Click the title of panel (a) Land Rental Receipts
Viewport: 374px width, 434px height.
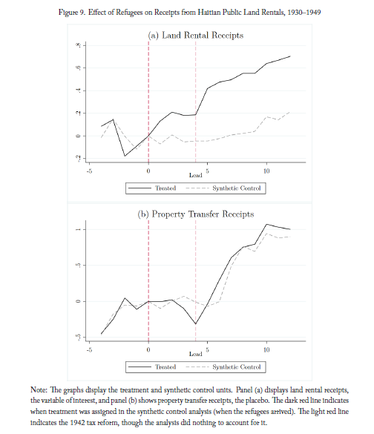195,36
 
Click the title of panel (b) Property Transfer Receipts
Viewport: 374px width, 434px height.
195,214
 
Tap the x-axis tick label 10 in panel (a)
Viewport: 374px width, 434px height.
266,171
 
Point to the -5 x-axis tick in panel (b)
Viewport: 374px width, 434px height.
89,350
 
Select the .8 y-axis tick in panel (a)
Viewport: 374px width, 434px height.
79,45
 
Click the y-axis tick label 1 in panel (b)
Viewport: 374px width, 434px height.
79,229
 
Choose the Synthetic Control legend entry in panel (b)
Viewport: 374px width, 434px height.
223,367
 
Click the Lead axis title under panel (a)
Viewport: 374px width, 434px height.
195,175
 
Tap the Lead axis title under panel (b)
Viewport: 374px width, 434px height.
195,354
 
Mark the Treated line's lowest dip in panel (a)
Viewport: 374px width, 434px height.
125,156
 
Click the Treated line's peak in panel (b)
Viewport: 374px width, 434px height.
266,224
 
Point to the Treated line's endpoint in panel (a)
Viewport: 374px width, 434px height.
290,56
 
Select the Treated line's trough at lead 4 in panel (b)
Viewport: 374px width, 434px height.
195,324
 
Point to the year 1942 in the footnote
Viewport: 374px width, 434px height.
77,422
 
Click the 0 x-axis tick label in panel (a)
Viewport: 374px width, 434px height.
148,171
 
